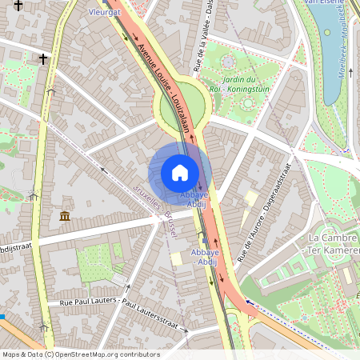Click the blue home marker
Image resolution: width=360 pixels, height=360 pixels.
(x=180, y=173)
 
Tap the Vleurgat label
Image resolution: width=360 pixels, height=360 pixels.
(x=103, y=13)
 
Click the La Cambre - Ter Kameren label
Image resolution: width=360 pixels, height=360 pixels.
(x=334, y=245)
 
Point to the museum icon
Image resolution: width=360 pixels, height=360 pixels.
(x=63, y=217)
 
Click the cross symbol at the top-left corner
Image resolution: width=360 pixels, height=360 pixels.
(x=18, y=6)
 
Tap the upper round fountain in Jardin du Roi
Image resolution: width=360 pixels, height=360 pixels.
(x=228, y=62)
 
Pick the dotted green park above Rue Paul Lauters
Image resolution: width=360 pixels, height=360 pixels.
(x=97, y=262)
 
